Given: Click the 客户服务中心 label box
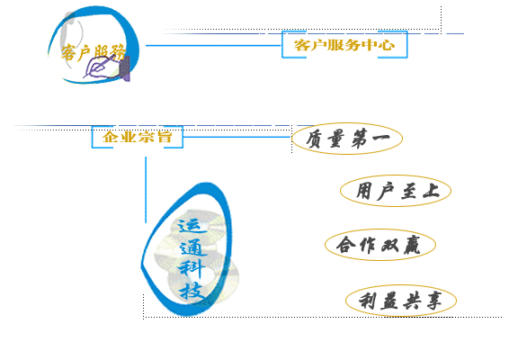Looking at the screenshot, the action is point(344,44).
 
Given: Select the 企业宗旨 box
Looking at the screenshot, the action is point(138,137).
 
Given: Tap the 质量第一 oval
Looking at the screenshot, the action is point(347,139).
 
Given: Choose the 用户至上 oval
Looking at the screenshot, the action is point(396,191).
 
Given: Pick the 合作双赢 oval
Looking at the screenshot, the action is point(380,245).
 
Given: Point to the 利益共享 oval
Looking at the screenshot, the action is point(401,301).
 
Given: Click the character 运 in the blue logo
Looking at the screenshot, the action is point(192,226).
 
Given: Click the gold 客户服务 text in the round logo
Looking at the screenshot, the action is point(94,52).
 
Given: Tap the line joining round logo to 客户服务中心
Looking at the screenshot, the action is point(214,45).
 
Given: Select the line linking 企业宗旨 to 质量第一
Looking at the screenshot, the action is point(237,137).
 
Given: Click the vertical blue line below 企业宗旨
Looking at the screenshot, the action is point(146,190).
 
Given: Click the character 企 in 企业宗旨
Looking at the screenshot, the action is point(110,137).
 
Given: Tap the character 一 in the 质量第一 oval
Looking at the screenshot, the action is point(380,138).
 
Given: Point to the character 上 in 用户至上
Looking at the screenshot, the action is point(431,191).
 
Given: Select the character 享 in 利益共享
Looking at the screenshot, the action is point(434,301).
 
